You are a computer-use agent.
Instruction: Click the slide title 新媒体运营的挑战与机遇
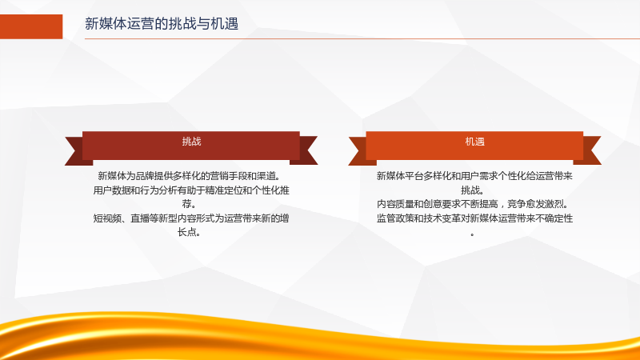click(162, 24)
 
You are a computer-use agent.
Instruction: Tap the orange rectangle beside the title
click(31, 26)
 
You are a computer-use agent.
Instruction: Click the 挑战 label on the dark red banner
click(191, 142)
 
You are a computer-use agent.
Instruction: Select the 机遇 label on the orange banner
click(474, 142)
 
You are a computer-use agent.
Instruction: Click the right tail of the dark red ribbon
click(306, 150)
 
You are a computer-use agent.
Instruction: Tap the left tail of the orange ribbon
click(360, 151)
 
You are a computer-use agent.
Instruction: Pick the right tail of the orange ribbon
click(589, 150)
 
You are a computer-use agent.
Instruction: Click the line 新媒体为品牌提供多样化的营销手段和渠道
click(189, 176)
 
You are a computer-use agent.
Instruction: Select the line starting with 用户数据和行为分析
click(191, 190)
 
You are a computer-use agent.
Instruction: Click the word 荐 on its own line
click(189, 203)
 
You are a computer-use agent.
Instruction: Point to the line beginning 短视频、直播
click(191, 218)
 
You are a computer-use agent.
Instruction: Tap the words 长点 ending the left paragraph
click(189, 232)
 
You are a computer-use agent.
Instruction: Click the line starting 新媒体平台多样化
click(474, 176)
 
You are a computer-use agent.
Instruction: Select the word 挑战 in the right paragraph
click(472, 190)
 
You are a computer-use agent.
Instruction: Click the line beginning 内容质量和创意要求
click(472, 204)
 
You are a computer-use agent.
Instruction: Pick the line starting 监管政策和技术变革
click(474, 218)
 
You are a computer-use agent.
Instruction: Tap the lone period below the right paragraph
click(472, 234)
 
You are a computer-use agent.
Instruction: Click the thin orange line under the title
click(362, 38)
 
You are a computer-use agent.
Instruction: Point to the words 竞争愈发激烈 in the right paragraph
click(535, 204)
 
